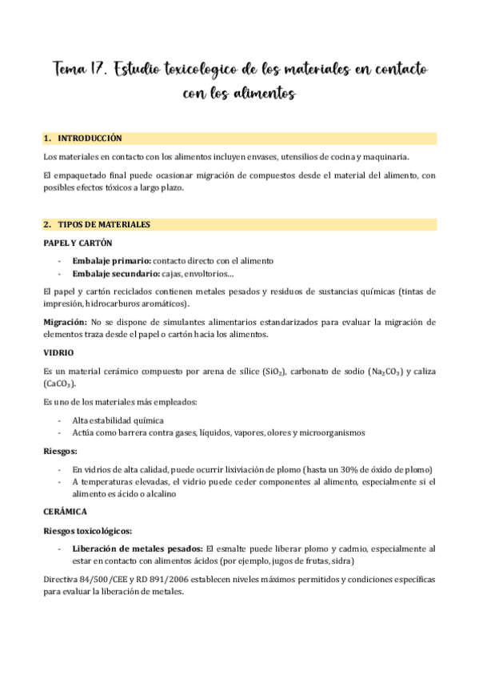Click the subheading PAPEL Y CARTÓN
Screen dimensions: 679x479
[x=78, y=242]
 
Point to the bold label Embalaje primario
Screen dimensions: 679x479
[x=110, y=260]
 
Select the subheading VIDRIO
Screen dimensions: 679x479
[x=58, y=352]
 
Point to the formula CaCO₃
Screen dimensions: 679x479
[x=61, y=384]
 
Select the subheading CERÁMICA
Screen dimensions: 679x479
[x=65, y=511]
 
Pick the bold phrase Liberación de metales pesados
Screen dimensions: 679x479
[x=138, y=548]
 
